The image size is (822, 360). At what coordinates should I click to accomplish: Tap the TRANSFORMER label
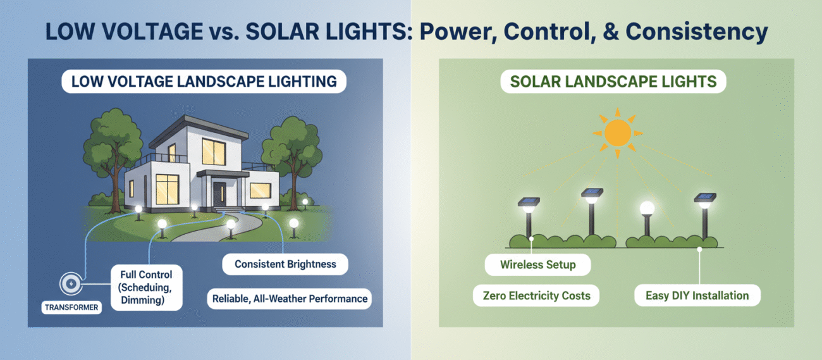click(71, 307)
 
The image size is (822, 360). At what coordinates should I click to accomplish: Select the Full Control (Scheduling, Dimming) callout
click(147, 287)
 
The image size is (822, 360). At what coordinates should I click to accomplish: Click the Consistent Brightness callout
click(285, 264)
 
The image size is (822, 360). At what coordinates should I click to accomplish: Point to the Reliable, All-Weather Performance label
click(289, 298)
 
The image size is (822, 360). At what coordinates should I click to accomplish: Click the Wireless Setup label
click(537, 264)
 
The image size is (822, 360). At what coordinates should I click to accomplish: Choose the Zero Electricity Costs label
click(536, 295)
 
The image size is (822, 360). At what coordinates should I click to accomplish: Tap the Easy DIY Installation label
click(697, 295)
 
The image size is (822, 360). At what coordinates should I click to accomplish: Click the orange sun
click(617, 133)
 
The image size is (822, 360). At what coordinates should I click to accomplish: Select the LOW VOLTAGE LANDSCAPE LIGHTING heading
click(204, 82)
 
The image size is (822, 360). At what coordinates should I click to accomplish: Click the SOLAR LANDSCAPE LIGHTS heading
click(613, 82)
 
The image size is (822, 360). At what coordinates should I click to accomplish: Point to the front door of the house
click(219, 192)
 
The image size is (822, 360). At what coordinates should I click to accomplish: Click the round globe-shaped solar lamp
click(647, 208)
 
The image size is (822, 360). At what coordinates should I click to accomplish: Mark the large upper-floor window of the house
click(212, 152)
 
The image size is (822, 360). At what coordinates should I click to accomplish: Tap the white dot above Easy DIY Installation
click(699, 249)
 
